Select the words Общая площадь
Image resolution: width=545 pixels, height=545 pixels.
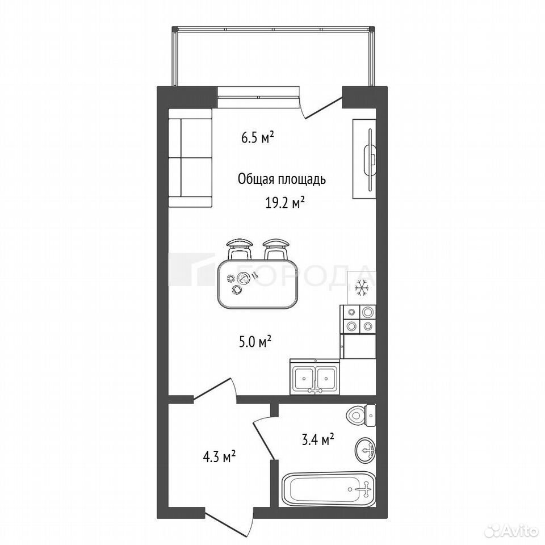pos(282,180)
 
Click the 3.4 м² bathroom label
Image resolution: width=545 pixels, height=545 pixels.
pos(318,440)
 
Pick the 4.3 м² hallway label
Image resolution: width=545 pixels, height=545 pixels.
pos(219,456)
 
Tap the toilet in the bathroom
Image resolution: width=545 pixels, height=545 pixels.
pos(362,415)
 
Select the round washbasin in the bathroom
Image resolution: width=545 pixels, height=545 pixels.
pos(365,450)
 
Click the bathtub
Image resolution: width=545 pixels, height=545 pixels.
pos(329,489)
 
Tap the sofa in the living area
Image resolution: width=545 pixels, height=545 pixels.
pos(190,158)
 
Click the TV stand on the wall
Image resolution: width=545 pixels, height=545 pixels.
pos(364,159)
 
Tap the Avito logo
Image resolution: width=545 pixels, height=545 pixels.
pos(513,530)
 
